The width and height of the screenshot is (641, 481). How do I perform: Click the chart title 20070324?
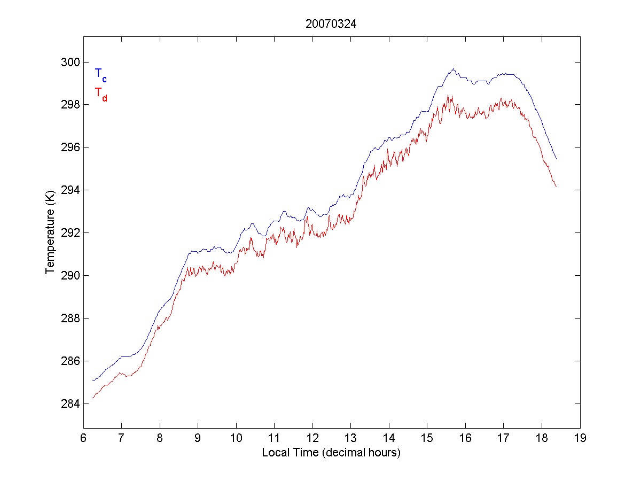point(331,24)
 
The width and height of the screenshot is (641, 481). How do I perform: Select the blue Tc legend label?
point(100,74)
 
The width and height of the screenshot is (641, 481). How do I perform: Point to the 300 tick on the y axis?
point(69,62)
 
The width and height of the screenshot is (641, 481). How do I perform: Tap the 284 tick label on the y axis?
point(69,404)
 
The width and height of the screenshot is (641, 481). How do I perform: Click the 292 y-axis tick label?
point(69,232)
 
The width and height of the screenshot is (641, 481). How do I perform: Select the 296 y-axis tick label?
point(69,147)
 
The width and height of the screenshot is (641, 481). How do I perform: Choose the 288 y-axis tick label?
point(69,318)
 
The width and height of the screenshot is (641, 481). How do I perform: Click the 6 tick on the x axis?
point(83,439)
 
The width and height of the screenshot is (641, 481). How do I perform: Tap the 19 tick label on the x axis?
point(580,439)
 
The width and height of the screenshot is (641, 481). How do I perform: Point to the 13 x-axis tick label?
point(350,439)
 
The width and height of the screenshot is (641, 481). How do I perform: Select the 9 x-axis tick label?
point(198,439)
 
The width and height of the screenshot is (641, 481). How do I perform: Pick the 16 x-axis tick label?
point(465,439)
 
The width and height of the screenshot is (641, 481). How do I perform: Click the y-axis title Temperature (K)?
point(50,232)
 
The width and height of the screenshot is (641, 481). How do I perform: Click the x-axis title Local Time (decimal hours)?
point(331,453)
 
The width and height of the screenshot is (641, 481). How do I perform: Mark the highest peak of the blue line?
point(453,68)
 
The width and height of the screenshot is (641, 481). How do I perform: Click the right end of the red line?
point(556,187)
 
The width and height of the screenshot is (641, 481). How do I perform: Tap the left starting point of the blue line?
point(93,380)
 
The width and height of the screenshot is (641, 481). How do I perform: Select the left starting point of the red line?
point(93,398)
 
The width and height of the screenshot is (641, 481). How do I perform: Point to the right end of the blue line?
point(556,159)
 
